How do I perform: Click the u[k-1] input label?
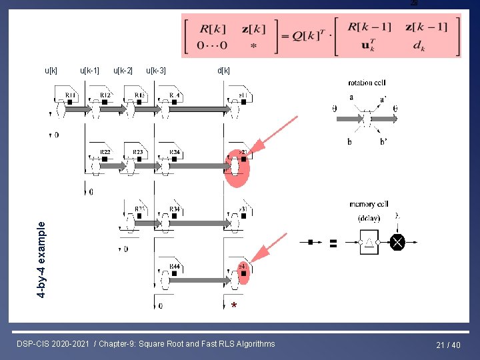[89, 70]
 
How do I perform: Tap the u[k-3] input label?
[156, 70]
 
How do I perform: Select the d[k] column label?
[223, 70]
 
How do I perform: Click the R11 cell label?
[71, 95]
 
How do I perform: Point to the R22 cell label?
[105, 153]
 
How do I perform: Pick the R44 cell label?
[175, 266]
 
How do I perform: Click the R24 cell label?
[175, 153]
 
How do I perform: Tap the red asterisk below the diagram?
[233, 306]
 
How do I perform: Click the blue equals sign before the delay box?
[332, 243]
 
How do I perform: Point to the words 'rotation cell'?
[365, 83]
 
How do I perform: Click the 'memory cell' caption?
[369, 204]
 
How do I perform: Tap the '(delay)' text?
[369, 218]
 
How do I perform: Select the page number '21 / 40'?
[448, 345]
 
